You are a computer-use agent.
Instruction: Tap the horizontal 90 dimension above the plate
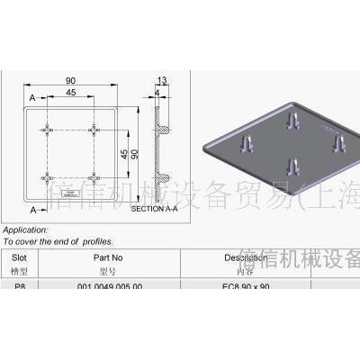pyautogui.click(x=70, y=81)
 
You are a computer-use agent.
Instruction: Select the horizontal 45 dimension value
pyautogui.click(x=70, y=92)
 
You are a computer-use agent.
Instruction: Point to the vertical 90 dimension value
pyautogui.click(x=137, y=154)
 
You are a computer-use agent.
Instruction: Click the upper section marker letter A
pyautogui.click(x=31, y=97)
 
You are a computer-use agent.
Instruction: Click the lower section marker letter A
pyautogui.click(x=31, y=209)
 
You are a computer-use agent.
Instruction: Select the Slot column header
pyautogui.click(x=20, y=257)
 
